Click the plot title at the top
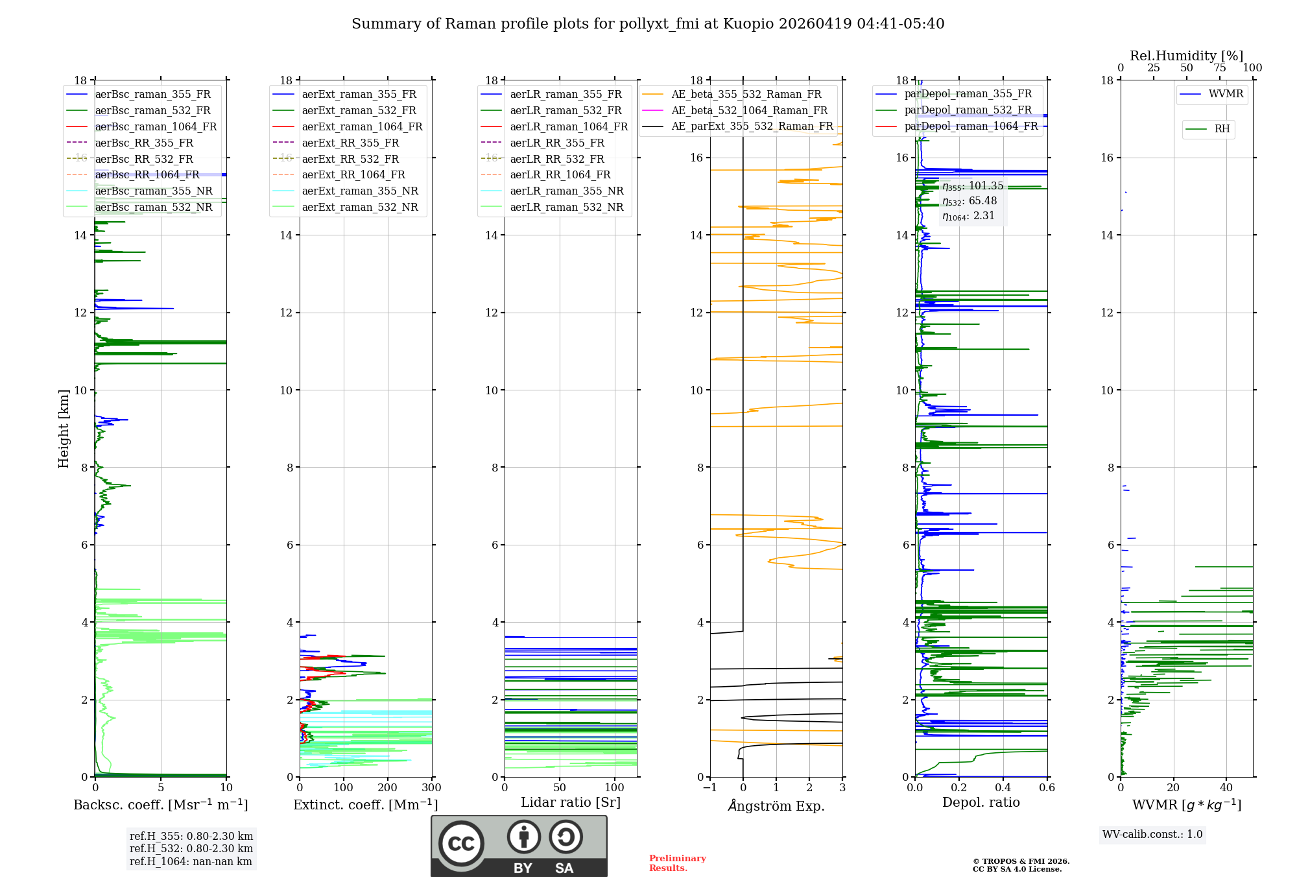tap(648, 24)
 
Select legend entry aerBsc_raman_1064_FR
tap(156, 126)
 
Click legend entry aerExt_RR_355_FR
tap(350, 143)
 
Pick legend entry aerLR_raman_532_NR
tap(566, 207)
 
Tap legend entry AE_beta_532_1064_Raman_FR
tap(749, 110)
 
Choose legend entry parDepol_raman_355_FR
tap(968, 94)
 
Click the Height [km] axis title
tap(64, 428)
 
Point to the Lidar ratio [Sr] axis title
tap(571, 802)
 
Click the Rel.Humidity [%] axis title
tap(1186, 56)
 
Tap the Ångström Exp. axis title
tap(776, 805)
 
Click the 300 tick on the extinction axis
tap(432, 788)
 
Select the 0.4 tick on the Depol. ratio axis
tap(1003, 788)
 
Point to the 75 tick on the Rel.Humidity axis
tap(1220, 68)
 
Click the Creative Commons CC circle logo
tap(461, 843)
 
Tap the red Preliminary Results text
tap(677, 863)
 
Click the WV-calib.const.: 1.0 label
tap(1152, 835)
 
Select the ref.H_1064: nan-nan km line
tap(191, 861)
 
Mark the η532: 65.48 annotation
tap(970, 201)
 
